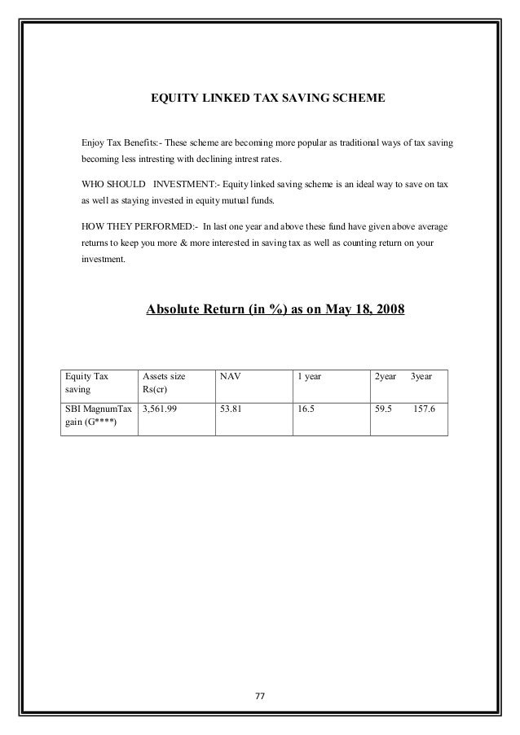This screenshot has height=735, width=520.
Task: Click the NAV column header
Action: tap(230, 377)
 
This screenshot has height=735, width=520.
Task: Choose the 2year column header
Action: tap(385, 377)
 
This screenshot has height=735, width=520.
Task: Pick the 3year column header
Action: tap(421, 377)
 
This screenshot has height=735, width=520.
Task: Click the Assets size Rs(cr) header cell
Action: tap(164, 383)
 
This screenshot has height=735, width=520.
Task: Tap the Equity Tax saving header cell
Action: tap(86, 383)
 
